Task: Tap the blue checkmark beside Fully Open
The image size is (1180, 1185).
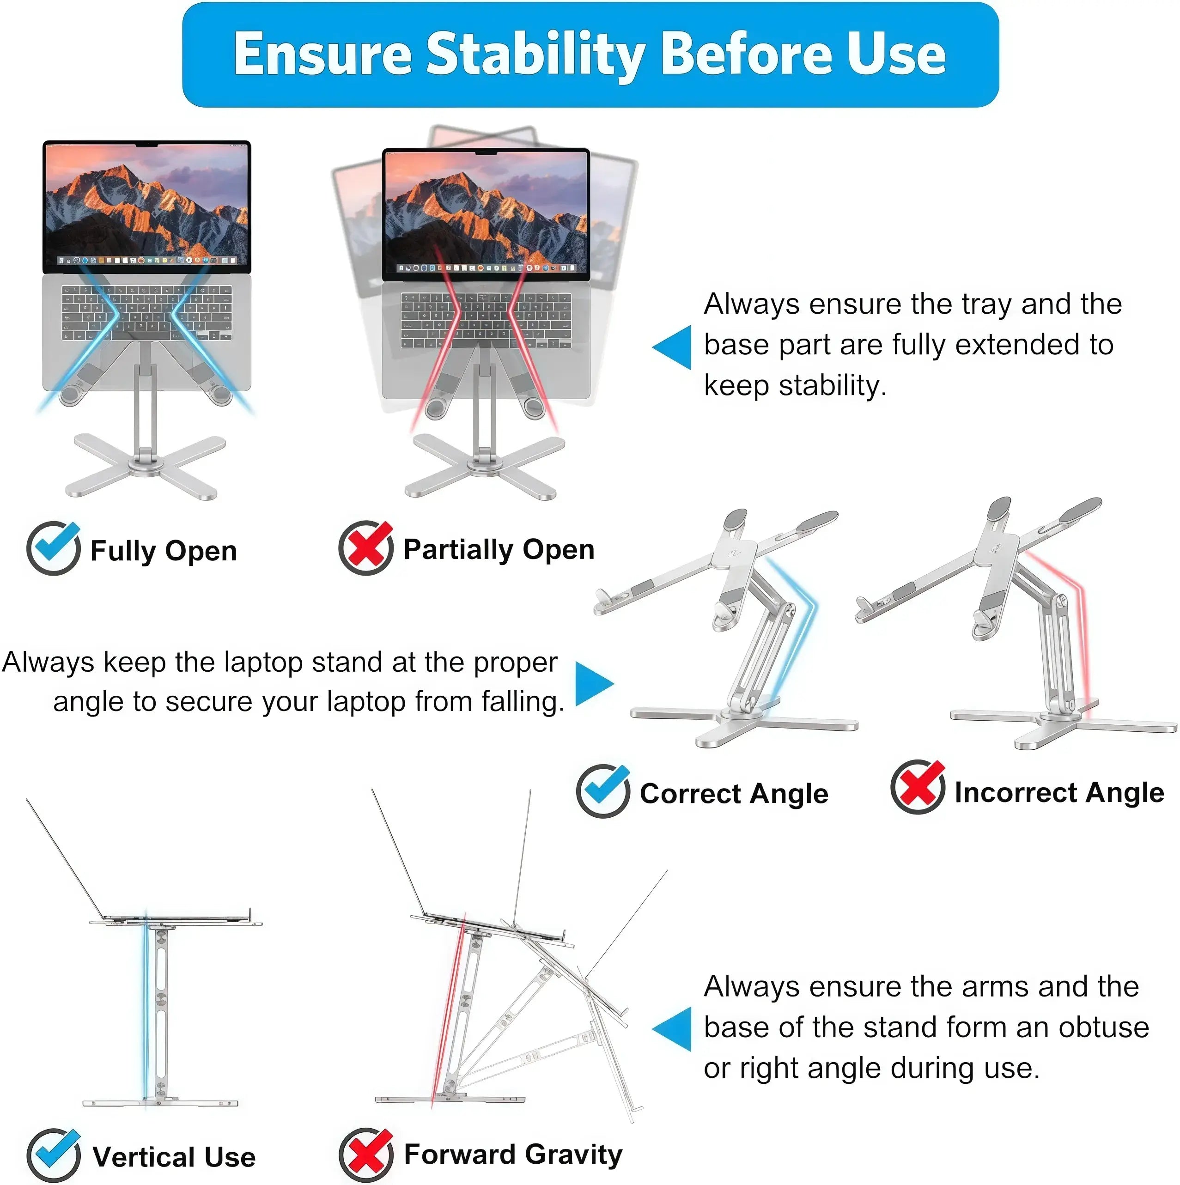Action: (x=53, y=548)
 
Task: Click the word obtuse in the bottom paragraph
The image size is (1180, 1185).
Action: (x=1103, y=1027)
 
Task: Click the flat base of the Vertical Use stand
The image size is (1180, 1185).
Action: (x=161, y=1102)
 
